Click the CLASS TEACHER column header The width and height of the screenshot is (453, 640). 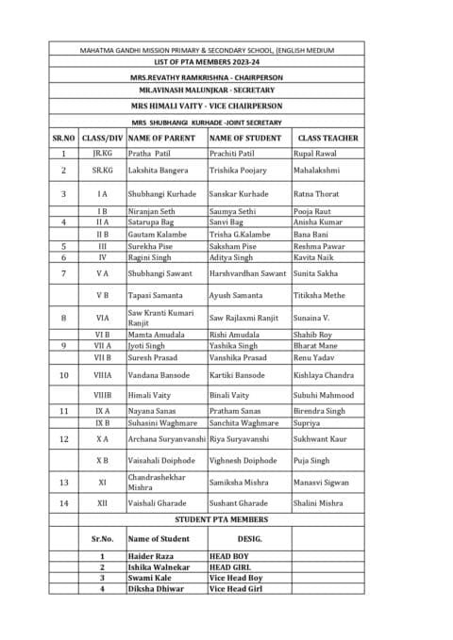point(327,138)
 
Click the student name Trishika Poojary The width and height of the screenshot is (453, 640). point(238,171)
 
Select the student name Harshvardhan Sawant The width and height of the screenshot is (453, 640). point(248,273)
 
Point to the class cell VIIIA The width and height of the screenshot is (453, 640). point(102,374)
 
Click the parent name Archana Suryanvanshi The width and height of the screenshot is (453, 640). point(165,439)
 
